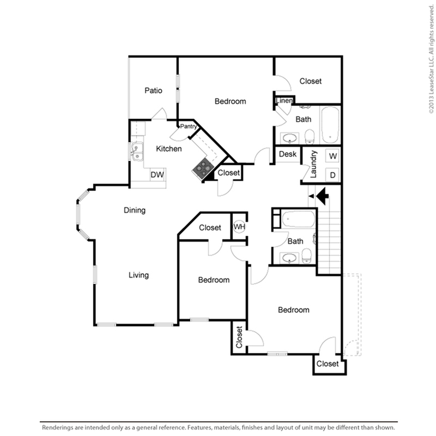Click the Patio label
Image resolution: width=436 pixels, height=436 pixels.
pyautogui.click(x=153, y=90)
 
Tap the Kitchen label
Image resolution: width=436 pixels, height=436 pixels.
pyautogui.click(x=169, y=149)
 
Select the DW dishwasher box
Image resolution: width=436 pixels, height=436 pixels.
pyautogui.click(x=158, y=174)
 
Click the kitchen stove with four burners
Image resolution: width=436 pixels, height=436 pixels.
pyautogui.click(x=203, y=168)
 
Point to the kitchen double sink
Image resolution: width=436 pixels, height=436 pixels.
pyautogui.click(x=137, y=152)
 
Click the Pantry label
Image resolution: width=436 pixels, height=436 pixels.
pyautogui.click(x=189, y=126)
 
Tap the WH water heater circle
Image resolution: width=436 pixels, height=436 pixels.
pyautogui.click(x=239, y=227)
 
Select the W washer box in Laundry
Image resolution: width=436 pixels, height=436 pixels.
pyautogui.click(x=332, y=156)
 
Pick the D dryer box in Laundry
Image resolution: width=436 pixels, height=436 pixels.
pyautogui.click(x=332, y=175)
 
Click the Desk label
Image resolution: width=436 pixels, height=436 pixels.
pyautogui.click(x=288, y=154)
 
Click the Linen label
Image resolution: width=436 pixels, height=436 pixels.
pyautogui.click(x=284, y=101)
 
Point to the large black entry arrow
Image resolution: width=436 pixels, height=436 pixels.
pyautogui.click(x=323, y=196)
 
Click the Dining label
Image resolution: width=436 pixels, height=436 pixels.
pyautogui.click(x=135, y=210)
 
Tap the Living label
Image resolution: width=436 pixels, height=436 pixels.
pyautogui.click(x=138, y=275)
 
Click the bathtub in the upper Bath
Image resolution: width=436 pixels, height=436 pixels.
pyautogui.click(x=330, y=125)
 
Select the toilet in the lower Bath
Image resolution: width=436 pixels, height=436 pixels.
pyautogui.click(x=306, y=256)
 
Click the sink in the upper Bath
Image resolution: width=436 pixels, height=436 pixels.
pyautogui.click(x=290, y=138)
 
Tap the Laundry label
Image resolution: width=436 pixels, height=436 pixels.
pyautogui.click(x=313, y=165)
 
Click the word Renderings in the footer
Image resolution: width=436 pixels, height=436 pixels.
pyautogui.click(x=58, y=427)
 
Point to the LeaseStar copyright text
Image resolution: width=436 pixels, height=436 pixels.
pyautogui.click(x=431, y=59)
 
